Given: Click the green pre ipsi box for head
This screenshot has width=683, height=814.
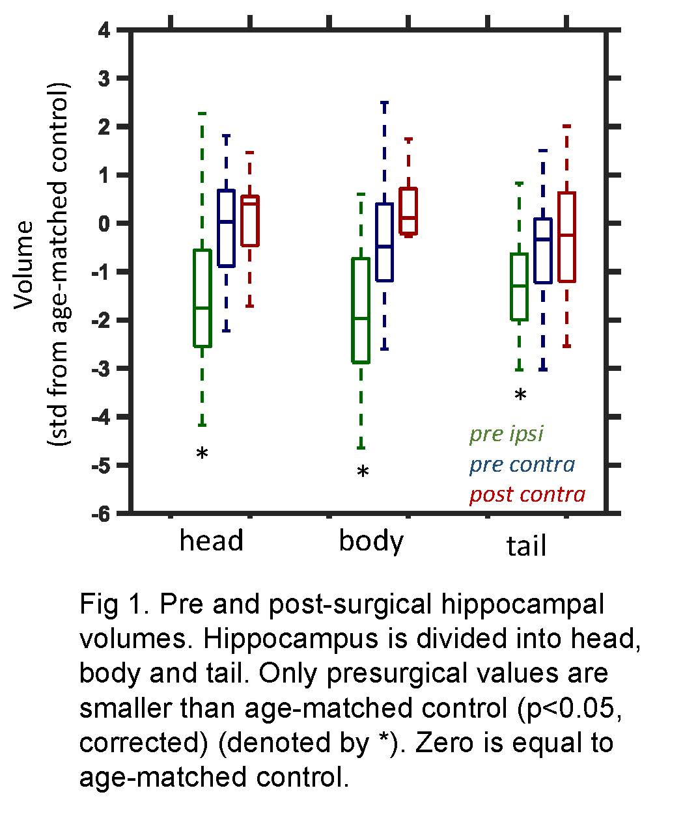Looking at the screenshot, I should click(202, 298).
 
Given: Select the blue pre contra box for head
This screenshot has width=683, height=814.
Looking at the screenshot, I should click(226, 228).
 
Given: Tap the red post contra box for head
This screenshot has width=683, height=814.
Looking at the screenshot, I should click(250, 221).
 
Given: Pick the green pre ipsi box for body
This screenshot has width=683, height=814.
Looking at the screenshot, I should click(361, 310).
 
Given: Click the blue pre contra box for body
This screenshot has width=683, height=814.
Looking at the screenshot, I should click(385, 242).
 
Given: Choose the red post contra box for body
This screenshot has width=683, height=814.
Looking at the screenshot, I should click(408, 211).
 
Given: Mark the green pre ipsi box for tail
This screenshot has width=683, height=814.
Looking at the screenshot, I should click(519, 286).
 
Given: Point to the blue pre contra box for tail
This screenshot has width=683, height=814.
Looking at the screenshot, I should click(543, 251).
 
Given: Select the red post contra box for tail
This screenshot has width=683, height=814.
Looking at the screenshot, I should click(566, 237).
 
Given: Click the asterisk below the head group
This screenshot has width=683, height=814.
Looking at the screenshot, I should click(202, 454).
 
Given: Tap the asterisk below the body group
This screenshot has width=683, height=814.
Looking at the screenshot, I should click(363, 472).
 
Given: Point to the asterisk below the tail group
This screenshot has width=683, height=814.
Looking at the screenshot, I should click(520, 395).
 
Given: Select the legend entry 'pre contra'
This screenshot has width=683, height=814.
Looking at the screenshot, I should click(522, 465).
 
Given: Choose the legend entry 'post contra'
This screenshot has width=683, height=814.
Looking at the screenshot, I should click(527, 495).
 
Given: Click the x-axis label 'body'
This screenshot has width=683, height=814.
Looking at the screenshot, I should click(371, 541).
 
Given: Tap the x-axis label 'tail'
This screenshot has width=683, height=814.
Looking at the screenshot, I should click(526, 546).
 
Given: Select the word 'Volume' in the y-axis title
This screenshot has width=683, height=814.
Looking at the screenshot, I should click(26, 264).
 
